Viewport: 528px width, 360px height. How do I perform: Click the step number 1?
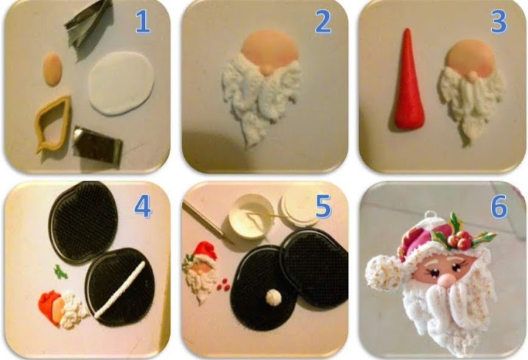(x=143, y=22)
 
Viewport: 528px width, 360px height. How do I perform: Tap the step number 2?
(x=323, y=22)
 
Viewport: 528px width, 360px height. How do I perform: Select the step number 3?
(x=499, y=22)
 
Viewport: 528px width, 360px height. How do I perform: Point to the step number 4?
(x=143, y=206)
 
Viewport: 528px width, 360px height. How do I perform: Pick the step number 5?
(x=323, y=206)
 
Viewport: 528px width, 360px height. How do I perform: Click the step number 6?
(x=499, y=206)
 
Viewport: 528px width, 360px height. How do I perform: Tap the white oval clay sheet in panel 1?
(x=122, y=83)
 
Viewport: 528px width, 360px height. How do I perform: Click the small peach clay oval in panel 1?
(x=53, y=68)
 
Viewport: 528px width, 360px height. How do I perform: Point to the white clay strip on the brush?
(x=120, y=289)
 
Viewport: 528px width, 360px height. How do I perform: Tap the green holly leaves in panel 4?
(x=60, y=272)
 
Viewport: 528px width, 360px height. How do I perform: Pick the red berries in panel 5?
(x=223, y=285)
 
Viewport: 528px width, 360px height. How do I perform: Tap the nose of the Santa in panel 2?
(x=267, y=69)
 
